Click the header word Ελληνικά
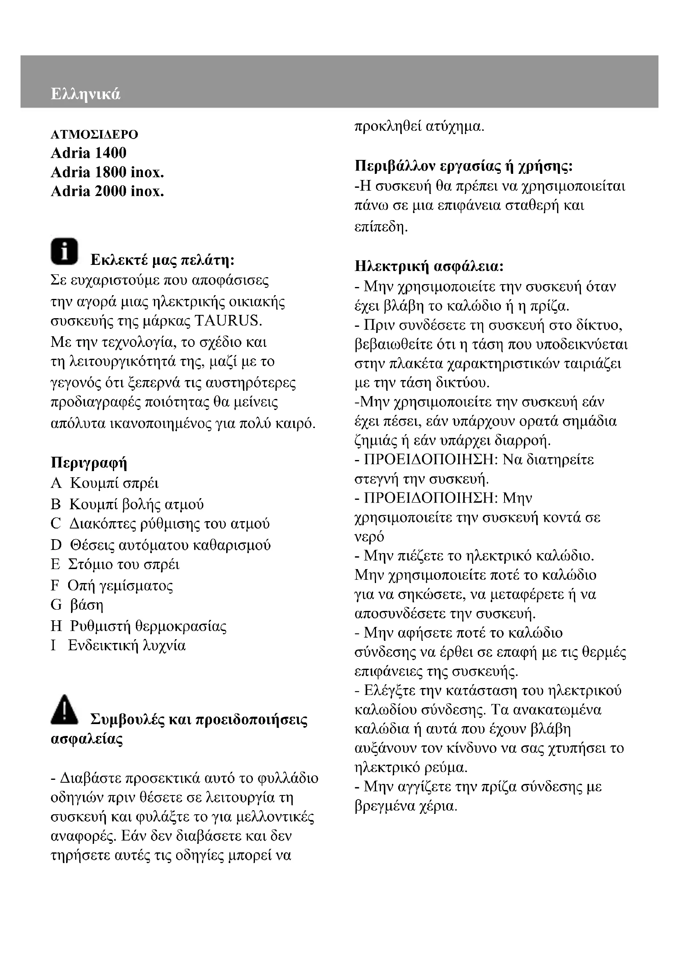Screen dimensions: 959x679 (85, 94)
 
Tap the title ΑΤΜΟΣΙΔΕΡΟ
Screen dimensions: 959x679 (94, 134)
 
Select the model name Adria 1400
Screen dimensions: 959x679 (88, 153)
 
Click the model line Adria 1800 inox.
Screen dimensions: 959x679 (107, 172)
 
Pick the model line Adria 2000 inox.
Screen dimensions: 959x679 (107, 191)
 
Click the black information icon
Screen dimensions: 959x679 (64, 251)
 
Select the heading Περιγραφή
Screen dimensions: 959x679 (89, 462)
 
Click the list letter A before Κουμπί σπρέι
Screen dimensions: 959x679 (55, 483)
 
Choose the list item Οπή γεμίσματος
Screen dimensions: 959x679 (120, 585)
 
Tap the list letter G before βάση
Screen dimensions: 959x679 (56, 605)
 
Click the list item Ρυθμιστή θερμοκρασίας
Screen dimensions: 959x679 (148, 626)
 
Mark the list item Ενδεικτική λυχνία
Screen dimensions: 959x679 (127, 645)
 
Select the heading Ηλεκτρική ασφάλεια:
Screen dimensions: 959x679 (429, 266)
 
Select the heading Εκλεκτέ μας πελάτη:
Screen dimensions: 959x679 (162, 260)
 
